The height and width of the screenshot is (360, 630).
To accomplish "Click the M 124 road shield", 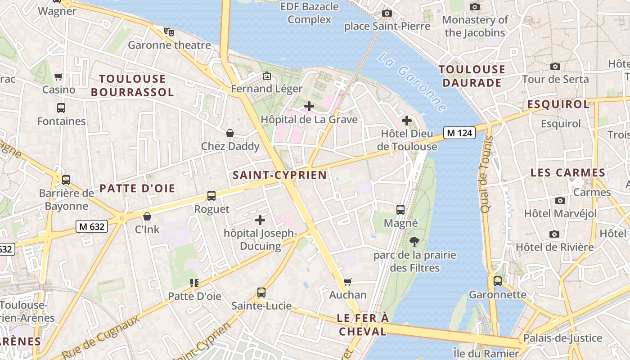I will tap(459, 133).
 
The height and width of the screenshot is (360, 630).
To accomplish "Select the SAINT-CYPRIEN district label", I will tap(279, 175).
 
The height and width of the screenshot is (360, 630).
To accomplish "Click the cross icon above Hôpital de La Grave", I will tap(309, 106).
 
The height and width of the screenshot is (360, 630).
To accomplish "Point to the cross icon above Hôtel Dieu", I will tap(407, 121).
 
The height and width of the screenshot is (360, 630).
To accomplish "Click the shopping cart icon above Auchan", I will tap(347, 282).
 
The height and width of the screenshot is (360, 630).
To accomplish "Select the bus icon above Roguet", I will tap(211, 196).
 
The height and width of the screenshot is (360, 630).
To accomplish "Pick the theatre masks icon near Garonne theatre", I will tap(169, 31).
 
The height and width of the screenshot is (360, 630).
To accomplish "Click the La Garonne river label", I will tap(412, 82).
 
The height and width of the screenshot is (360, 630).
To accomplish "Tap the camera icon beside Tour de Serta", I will tap(555, 66).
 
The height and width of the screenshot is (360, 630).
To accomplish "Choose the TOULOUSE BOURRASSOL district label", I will tap(132, 85).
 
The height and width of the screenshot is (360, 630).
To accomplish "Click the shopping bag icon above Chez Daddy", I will tap(230, 133).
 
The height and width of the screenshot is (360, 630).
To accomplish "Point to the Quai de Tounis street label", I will tap(485, 174).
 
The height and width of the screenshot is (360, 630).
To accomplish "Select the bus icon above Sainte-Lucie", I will tap(261, 292).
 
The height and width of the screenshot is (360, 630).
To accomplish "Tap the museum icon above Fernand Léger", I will tap(267, 76).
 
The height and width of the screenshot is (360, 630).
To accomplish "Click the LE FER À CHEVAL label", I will tap(362, 325).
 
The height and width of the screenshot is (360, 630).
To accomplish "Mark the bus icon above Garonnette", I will tap(498, 281).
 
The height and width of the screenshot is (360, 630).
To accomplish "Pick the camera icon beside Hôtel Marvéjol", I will tap(560, 200).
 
